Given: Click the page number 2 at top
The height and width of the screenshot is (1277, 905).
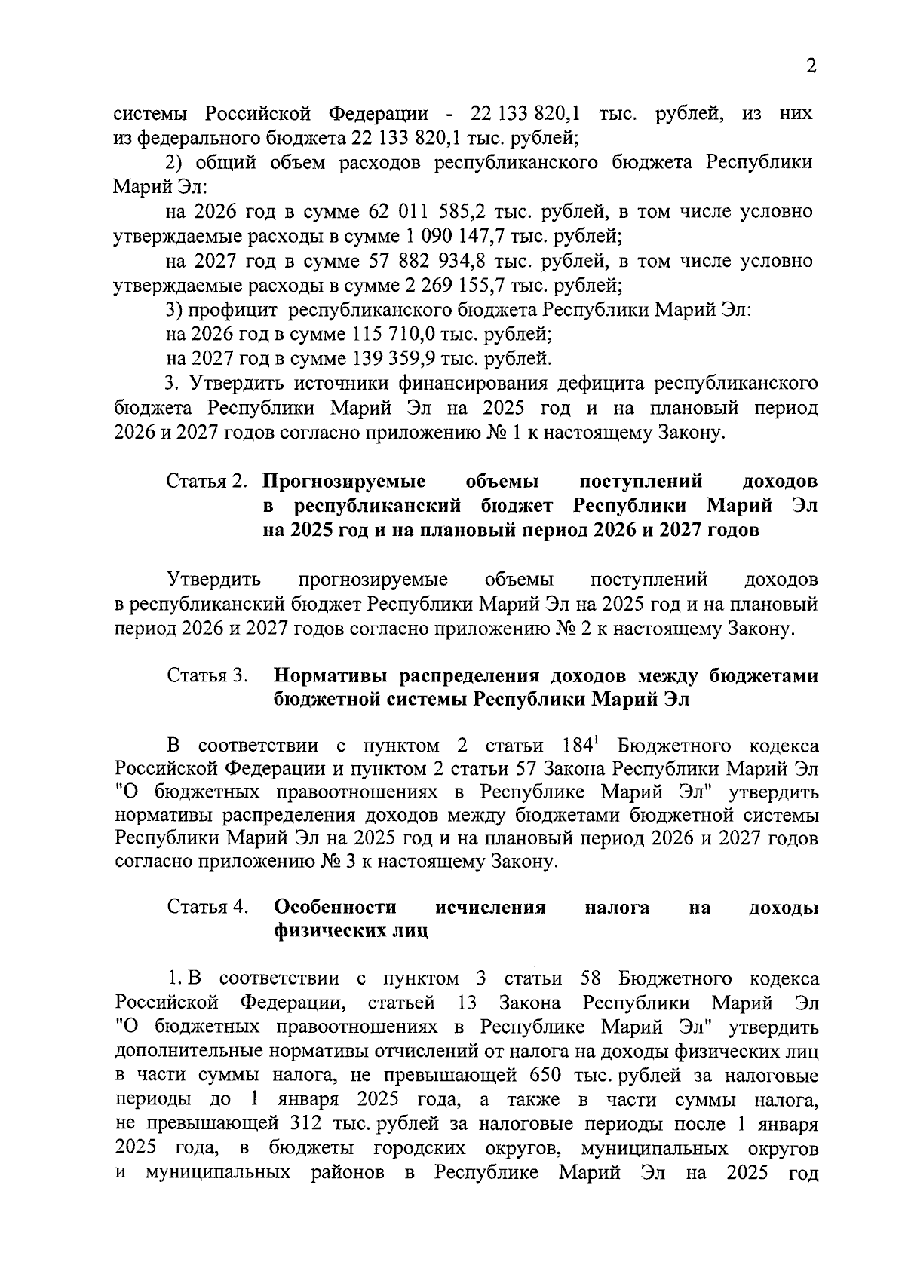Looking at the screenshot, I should (811, 66).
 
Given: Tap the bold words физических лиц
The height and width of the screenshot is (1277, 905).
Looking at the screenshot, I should (351, 932).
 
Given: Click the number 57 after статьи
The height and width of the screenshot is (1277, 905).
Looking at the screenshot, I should (589, 770).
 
